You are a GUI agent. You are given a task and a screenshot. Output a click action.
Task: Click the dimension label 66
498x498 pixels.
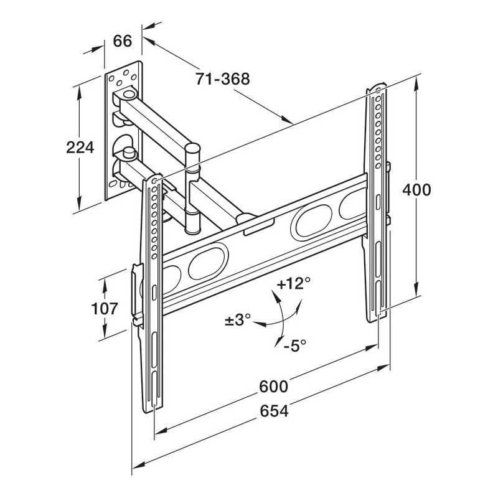123,42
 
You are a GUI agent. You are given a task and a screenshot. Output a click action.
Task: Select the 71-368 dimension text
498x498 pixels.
222,79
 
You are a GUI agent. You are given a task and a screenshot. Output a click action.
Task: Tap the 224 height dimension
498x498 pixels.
79,148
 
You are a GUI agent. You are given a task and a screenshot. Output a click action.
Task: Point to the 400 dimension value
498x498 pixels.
416,189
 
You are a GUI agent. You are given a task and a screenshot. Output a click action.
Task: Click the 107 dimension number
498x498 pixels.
105,308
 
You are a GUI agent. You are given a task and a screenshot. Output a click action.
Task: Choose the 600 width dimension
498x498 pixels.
274,386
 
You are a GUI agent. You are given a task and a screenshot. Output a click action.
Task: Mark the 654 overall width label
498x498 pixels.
274,411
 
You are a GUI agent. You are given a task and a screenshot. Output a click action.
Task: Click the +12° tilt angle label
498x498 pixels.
293,284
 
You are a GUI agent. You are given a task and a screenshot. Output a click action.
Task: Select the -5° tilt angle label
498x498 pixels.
294,345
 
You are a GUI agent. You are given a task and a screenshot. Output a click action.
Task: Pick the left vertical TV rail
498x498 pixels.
153,293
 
